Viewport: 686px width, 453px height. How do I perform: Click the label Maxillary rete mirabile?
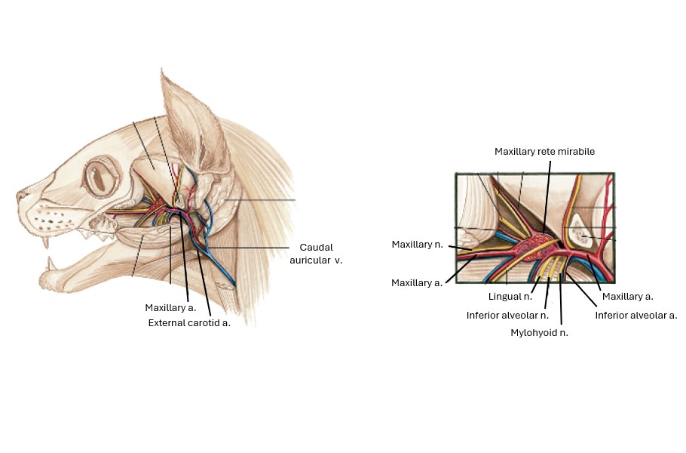[544, 152]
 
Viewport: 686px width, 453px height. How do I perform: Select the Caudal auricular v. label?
[316, 254]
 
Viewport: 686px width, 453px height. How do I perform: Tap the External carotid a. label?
[189, 322]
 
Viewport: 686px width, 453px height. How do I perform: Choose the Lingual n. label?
[510, 297]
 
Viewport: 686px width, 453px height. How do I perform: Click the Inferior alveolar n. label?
[507, 315]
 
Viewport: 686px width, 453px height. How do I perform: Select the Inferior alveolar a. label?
[636, 315]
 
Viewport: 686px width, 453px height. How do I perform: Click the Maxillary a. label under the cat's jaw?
[170, 308]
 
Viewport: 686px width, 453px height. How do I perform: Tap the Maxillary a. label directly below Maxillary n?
[417, 282]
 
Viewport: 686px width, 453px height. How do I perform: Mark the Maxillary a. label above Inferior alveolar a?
[627, 297]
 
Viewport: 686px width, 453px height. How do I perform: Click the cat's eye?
[98, 179]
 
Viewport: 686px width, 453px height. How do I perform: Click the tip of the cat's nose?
[19, 198]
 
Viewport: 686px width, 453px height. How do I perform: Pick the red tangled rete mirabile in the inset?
[540, 245]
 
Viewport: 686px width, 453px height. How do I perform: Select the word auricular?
[310, 260]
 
